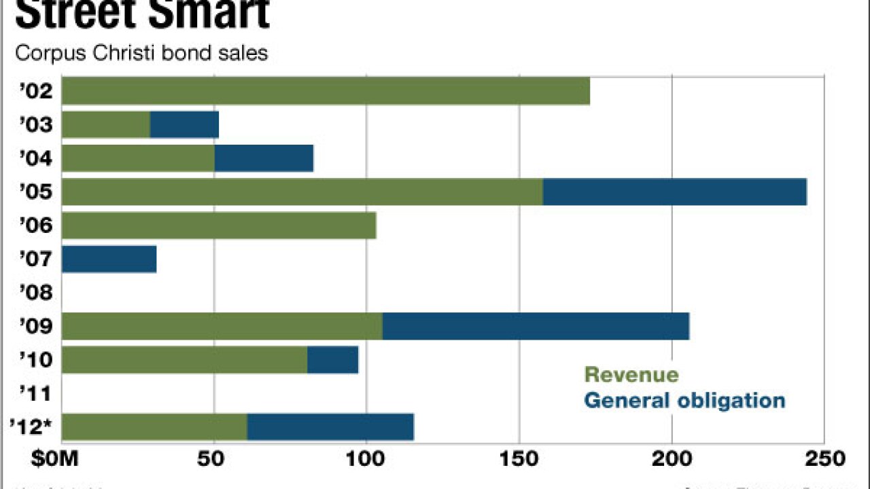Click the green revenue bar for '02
click(x=326, y=91)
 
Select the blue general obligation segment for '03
click(x=184, y=125)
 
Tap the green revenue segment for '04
click(x=138, y=158)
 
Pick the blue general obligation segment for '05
click(x=674, y=192)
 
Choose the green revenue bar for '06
click(x=219, y=225)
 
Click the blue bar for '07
click(x=109, y=259)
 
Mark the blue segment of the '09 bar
click(x=536, y=326)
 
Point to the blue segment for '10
click(x=332, y=360)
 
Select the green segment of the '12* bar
click(x=154, y=427)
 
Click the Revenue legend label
click(x=631, y=375)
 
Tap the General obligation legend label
click(x=684, y=400)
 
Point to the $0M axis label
click(x=54, y=459)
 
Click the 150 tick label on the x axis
click(x=519, y=459)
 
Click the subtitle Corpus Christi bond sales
click(x=141, y=53)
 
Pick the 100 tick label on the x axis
click(x=366, y=459)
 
